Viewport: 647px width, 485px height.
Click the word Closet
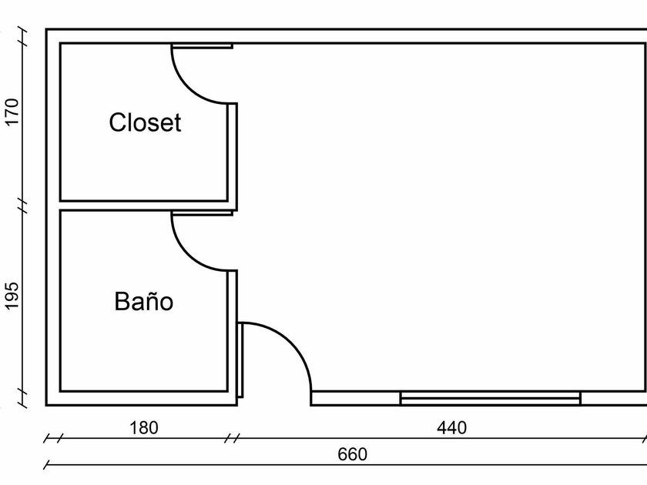(x=145, y=122)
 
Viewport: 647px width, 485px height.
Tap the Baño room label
(x=144, y=301)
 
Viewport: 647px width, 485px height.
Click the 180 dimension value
(x=143, y=427)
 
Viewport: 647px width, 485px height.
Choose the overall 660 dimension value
(x=353, y=454)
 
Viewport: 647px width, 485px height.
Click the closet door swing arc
(x=193, y=91)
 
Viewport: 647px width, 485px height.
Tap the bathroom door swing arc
(x=193, y=259)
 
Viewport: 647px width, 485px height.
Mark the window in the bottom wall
(x=490, y=397)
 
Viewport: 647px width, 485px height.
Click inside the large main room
(x=439, y=216)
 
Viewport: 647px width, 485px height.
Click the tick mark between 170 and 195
(x=23, y=206)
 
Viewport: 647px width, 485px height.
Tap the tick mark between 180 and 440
(x=231, y=439)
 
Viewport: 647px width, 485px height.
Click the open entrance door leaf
(x=241, y=360)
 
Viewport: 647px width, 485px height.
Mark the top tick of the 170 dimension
(x=23, y=33)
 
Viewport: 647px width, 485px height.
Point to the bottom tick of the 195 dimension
(x=23, y=397)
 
